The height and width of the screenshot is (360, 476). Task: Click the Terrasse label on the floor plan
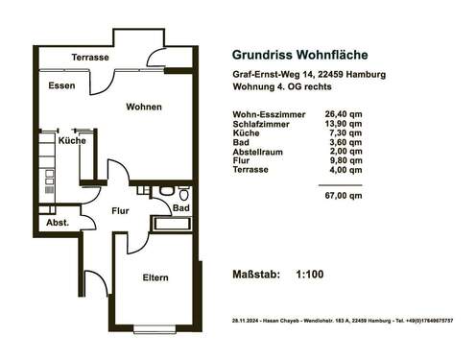(x=90, y=58)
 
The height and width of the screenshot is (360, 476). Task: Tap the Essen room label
(x=61, y=85)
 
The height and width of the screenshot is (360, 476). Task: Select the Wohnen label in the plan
(x=144, y=107)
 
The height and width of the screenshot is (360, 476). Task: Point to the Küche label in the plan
(x=72, y=141)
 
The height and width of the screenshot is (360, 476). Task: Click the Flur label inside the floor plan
(x=120, y=210)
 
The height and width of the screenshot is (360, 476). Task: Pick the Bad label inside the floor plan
(x=180, y=207)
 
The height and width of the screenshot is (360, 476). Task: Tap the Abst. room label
(x=57, y=223)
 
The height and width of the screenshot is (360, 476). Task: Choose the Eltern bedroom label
(x=155, y=277)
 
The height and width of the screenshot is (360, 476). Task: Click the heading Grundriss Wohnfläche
(x=299, y=55)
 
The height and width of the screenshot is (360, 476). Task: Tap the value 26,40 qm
(x=344, y=114)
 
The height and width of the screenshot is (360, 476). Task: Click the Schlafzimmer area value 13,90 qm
(x=344, y=124)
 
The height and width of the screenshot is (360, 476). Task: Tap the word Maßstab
(x=256, y=276)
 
